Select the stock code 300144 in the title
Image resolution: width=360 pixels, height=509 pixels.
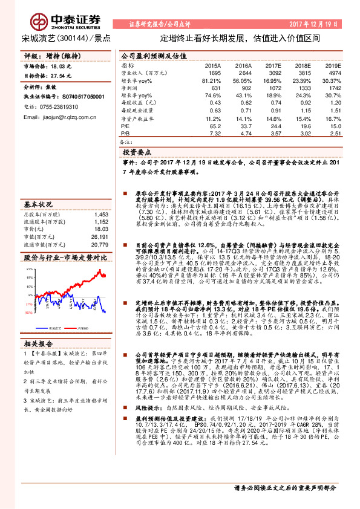click(x=71, y=37)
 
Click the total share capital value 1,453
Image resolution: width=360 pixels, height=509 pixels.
click(x=100, y=214)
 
